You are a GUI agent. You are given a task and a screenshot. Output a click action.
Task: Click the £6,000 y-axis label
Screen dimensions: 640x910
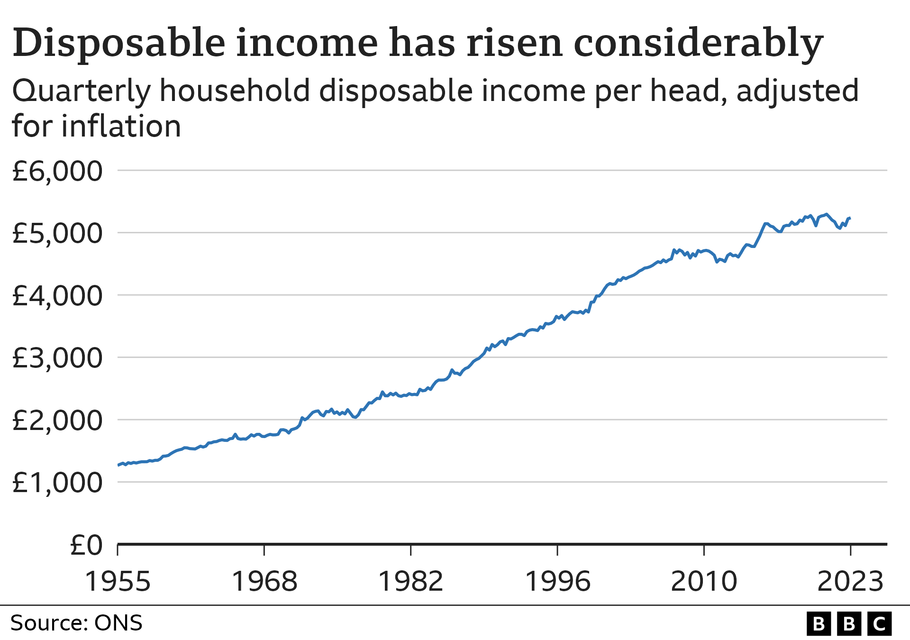click(57, 171)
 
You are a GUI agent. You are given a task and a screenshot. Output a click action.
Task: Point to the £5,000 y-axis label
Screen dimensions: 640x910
click(57, 233)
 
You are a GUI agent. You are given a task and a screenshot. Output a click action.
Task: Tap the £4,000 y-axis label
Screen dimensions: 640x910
click(57, 296)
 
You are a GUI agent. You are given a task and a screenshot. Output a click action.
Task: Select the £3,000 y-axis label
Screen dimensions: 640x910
click(57, 358)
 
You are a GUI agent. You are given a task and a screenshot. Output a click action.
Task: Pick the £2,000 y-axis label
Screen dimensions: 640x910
click(57, 421)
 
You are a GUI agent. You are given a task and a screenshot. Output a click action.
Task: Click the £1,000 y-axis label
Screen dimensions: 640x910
click(57, 483)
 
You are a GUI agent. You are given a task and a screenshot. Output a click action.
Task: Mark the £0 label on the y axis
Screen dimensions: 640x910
click(86, 545)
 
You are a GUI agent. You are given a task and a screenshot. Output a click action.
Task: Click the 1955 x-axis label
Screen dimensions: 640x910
click(118, 581)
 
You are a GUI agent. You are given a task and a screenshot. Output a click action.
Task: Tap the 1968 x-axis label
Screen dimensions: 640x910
click(264, 581)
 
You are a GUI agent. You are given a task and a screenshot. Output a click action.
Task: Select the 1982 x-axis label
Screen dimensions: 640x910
click(411, 581)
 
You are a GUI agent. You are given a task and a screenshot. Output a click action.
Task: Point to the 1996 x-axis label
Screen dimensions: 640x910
click(558, 581)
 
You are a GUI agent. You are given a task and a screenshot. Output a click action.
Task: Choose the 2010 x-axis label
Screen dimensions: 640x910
click(704, 581)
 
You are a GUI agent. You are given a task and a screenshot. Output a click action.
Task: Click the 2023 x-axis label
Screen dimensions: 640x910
click(851, 581)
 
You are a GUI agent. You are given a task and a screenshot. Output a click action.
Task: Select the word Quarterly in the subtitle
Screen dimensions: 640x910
click(81, 91)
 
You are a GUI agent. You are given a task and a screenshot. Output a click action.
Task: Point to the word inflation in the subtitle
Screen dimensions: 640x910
click(121, 127)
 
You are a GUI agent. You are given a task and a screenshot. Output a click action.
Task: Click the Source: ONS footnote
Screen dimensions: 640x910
click(76, 623)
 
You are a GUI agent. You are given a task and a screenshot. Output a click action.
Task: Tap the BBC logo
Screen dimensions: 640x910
click(849, 624)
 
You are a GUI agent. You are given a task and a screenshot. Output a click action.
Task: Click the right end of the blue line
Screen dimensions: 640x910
click(850, 218)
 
